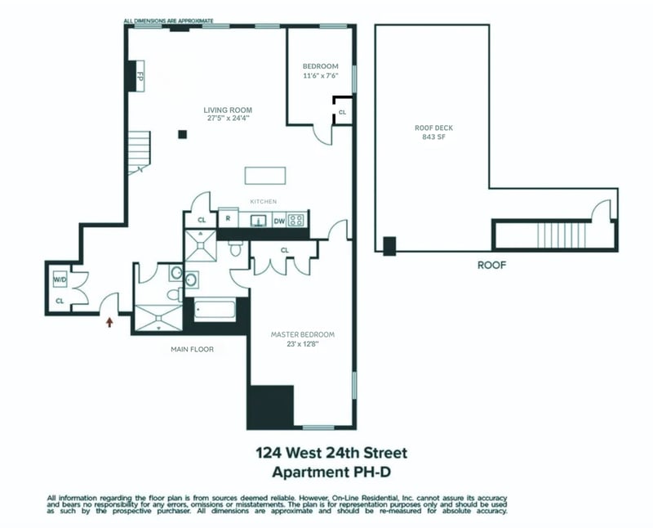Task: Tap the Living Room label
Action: (228, 110)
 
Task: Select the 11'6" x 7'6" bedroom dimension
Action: (320, 75)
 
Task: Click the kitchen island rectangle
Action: (266, 177)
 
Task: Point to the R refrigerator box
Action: (228, 220)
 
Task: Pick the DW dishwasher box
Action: (278, 220)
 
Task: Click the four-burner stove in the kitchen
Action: (298, 220)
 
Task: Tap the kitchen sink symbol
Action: (256, 220)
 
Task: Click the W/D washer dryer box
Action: (59, 280)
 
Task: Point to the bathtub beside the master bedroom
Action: (214, 311)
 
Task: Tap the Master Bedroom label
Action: (303, 334)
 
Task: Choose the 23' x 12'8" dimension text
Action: (303, 344)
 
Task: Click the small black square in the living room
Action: (184, 134)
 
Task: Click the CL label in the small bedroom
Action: (342, 112)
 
